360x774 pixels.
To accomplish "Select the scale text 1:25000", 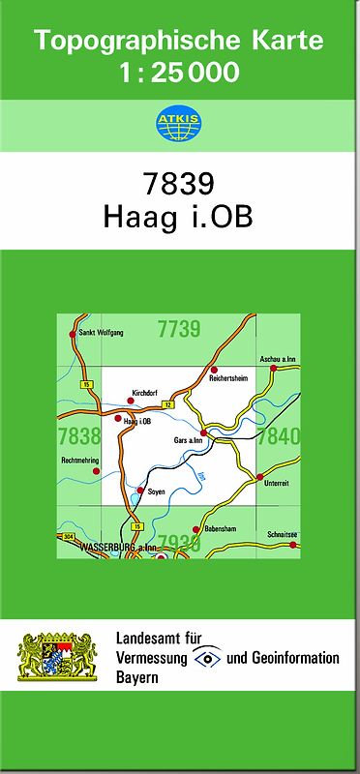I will (179, 72).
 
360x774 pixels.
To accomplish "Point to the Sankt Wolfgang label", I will (102, 333).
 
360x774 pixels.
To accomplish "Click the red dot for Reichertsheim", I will (214, 370).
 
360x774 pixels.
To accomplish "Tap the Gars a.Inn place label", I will (188, 441).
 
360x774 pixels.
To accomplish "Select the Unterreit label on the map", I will (276, 483).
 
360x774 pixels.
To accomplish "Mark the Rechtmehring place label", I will (79, 460).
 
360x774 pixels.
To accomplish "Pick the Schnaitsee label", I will (282, 533).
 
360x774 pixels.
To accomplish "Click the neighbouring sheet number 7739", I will (178, 329).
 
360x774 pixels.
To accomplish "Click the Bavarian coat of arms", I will (58, 657).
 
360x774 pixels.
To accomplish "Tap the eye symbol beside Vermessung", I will (206, 658).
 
